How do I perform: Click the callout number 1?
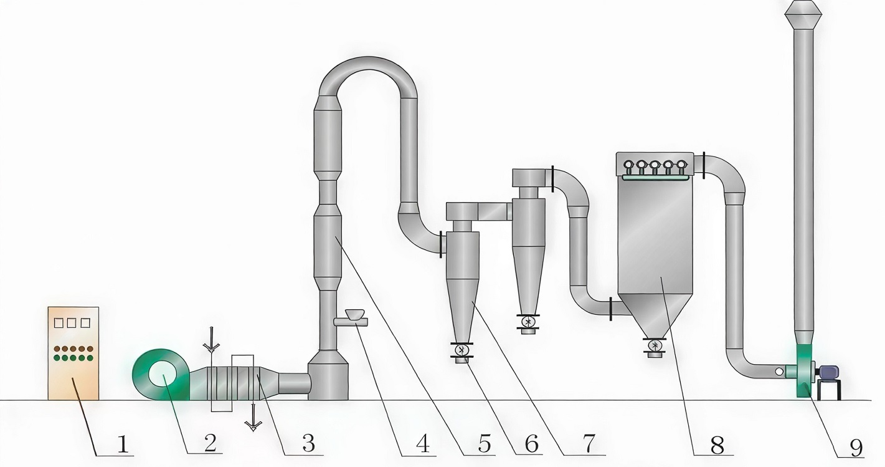tap(123, 444)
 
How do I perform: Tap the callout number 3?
tap(308, 443)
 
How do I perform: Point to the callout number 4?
tap(422, 444)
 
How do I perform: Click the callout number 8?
tap(717, 444)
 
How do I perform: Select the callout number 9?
tap(856, 446)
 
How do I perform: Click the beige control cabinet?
tap(73, 353)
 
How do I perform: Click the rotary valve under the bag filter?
tap(655, 345)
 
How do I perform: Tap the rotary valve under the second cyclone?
tap(529, 322)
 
